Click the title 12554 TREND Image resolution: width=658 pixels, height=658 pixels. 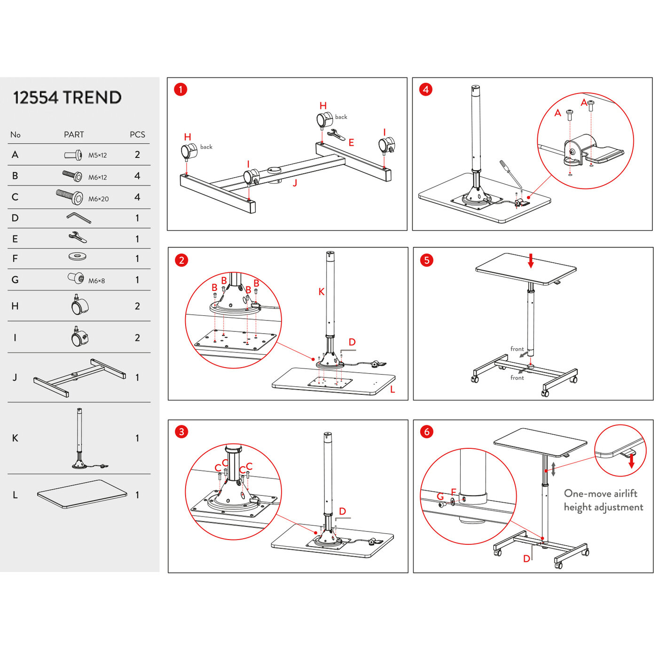(67, 98)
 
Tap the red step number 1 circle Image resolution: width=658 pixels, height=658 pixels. (180, 89)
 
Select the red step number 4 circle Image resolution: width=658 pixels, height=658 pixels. (426, 89)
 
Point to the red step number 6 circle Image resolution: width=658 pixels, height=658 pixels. (427, 431)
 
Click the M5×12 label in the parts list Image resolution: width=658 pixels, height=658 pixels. (97, 156)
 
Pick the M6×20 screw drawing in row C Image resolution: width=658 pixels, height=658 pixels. (70, 196)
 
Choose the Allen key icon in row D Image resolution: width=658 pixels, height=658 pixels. (78, 218)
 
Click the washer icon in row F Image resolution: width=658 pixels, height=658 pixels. (77, 257)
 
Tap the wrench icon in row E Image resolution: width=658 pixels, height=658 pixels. (78, 237)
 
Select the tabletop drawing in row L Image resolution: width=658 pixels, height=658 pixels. (82, 494)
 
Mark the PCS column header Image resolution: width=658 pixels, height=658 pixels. (137, 135)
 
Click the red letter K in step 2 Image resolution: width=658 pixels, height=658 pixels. (321, 292)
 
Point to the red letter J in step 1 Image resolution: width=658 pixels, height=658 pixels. (295, 183)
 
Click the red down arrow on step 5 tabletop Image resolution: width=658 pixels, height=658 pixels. (531, 260)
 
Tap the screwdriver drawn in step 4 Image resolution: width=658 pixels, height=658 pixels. (510, 173)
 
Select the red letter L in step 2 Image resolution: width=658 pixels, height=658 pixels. (392, 390)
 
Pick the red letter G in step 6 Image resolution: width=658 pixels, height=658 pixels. (440, 497)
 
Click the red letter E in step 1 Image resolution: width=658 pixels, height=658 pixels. (351, 142)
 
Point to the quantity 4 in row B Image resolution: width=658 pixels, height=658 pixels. (137, 176)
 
